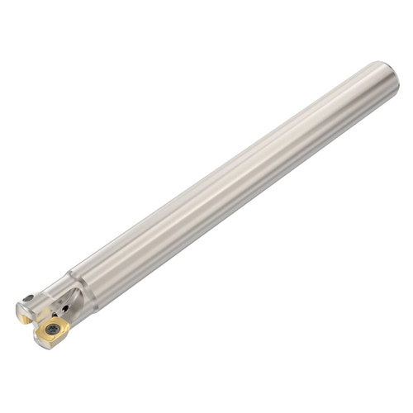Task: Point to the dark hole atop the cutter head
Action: tap(29, 298)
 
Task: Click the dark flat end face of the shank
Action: tap(392, 78)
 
